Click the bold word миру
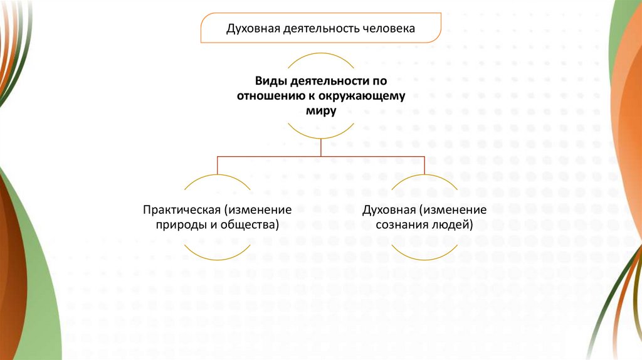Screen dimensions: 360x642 320,110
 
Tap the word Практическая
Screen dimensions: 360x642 184,209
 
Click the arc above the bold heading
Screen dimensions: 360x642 320,55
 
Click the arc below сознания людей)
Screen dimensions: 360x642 424,258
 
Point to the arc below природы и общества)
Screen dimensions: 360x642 217,258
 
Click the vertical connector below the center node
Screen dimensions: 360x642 320,147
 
